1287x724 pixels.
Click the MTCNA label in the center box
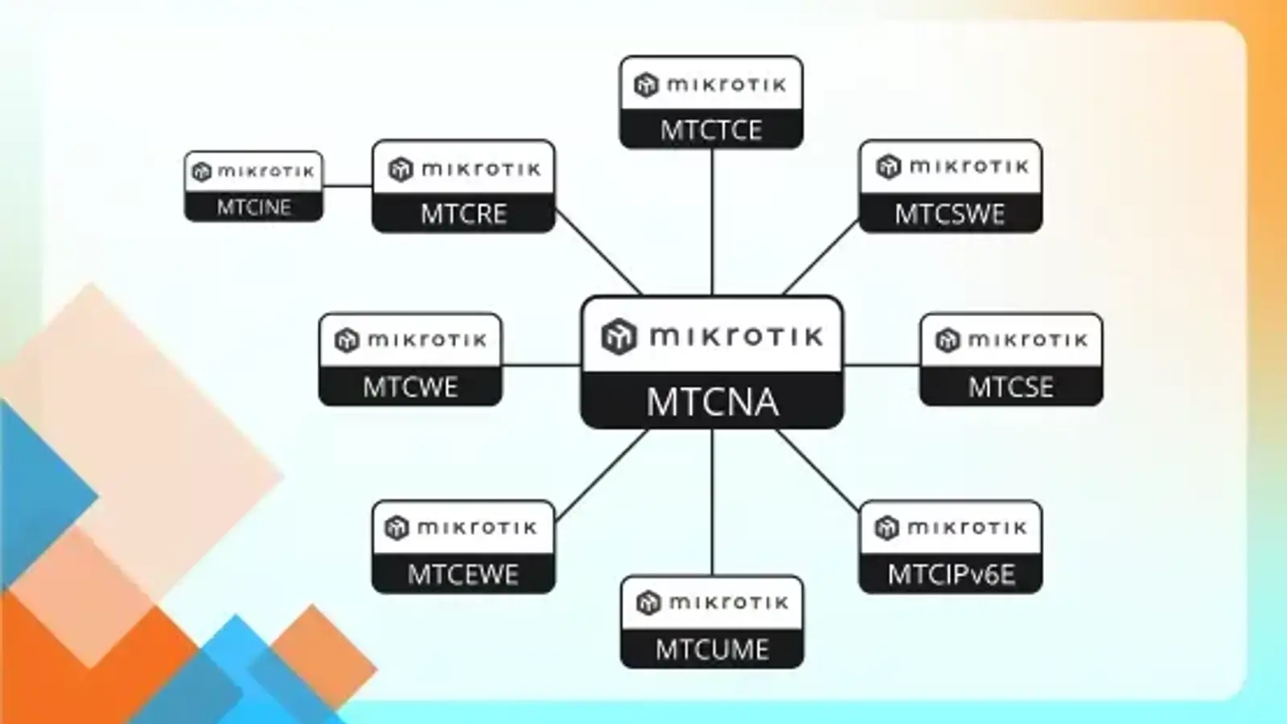(x=712, y=401)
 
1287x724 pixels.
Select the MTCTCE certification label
(x=711, y=130)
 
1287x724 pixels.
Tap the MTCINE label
(x=253, y=207)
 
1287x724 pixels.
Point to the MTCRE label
(x=463, y=214)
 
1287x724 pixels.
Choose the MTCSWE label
(x=950, y=214)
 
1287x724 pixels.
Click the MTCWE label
(x=410, y=387)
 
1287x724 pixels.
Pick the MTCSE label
(x=1010, y=387)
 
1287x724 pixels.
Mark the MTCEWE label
(x=463, y=574)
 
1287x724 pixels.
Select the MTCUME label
(x=712, y=649)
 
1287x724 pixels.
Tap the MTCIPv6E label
(x=951, y=574)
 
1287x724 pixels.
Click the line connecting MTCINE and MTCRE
(x=347, y=186)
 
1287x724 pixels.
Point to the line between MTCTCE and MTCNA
(x=712, y=221)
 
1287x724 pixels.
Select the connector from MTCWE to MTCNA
(x=541, y=365)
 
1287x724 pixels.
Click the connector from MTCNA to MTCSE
(x=882, y=365)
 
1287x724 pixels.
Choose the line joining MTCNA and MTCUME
(x=712, y=502)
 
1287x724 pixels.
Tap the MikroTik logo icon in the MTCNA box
(x=619, y=335)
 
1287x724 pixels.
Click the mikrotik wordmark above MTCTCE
(x=726, y=84)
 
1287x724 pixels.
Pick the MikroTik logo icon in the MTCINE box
(x=201, y=171)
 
